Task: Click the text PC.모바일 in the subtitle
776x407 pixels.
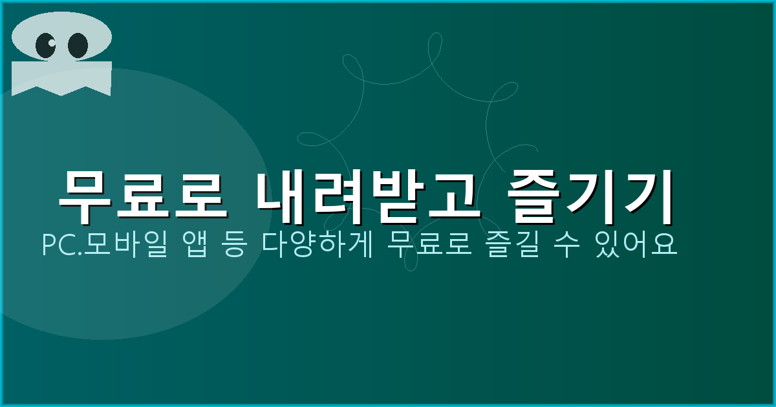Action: click(102, 245)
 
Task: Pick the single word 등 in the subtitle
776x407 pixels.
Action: click(236, 245)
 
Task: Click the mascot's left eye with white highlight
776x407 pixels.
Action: click(46, 45)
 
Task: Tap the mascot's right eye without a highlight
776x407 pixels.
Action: click(78, 45)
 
